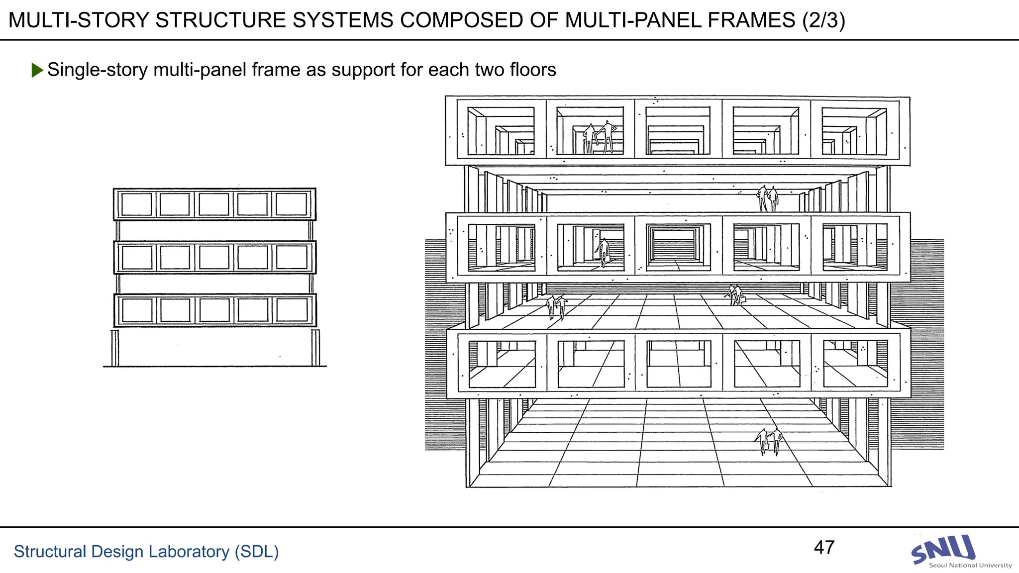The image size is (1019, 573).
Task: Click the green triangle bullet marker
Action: tap(37, 70)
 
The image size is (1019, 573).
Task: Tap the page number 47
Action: tap(824, 548)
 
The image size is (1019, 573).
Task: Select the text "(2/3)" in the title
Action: tap(823, 20)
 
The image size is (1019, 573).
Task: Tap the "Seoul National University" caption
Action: tap(970, 566)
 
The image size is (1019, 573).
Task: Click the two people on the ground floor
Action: tap(769, 441)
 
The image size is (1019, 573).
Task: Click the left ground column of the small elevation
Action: tap(115, 348)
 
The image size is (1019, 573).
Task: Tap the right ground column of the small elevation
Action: tap(315, 348)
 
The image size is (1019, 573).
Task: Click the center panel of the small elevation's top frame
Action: tap(214, 204)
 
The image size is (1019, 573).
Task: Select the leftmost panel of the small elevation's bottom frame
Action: tap(137, 310)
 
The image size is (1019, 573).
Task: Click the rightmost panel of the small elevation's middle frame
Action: tap(292, 258)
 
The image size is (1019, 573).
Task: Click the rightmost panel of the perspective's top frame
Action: tap(854, 130)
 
